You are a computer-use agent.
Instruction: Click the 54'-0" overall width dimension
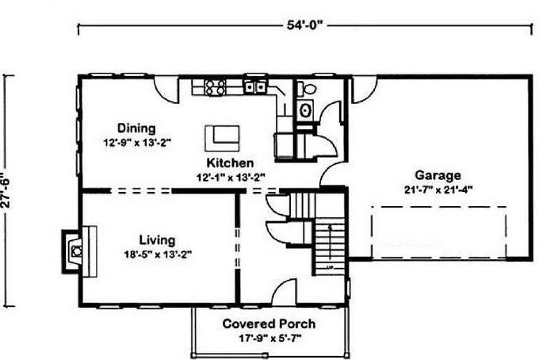pyautogui.click(x=305, y=25)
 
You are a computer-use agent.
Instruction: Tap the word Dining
pyautogui.click(x=136, y=128)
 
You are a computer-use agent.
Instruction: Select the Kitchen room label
pyautogui.click(x=230, y=163)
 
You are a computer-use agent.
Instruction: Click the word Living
pyautogui.click(x=157, y=240)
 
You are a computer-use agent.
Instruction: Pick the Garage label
pyautogui.click(x=438, y=175)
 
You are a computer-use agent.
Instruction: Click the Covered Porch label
pyautogui.click(x=269, y=324)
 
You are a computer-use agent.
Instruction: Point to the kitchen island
pyautogui.click(x=222, y=138)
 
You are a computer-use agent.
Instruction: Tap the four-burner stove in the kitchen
pyautogui.click(x=215, y=87)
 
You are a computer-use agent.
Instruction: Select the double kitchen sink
pyautogui.click(x=255, y=87)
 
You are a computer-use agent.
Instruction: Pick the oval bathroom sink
pyautogui.click(x=305, y=110)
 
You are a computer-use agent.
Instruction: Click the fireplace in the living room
pyautogui.click(x=78, y=250)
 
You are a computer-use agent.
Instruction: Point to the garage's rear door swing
pyautogui.click(x=365, y=90)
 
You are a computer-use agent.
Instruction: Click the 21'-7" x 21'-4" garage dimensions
pyautogui.click(x=438, y=190)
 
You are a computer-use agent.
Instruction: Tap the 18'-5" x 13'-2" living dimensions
pyautogui.click(x=158, y=255)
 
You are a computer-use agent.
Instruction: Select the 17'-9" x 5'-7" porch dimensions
pyautogui.click(x=269, y=339)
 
